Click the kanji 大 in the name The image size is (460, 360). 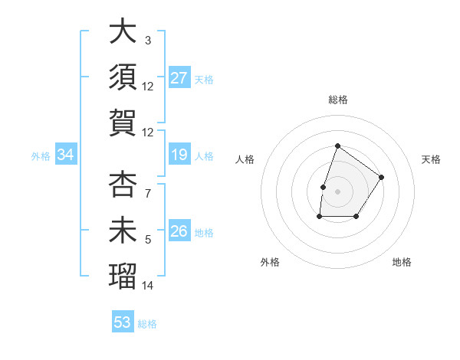123,33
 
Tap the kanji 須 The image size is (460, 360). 123,78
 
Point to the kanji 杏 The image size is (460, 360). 123,185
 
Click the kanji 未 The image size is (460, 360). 123,231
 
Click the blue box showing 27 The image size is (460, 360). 179,78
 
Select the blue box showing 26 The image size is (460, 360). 179,231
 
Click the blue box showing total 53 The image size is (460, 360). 123,322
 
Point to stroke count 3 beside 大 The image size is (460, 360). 148,41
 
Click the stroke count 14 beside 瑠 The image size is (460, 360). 148,286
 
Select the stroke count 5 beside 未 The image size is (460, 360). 148,240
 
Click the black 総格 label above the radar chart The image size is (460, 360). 337,100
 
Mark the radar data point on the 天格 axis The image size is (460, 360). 382,177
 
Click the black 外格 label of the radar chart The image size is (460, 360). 270,262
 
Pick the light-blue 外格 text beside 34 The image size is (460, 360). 41,156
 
